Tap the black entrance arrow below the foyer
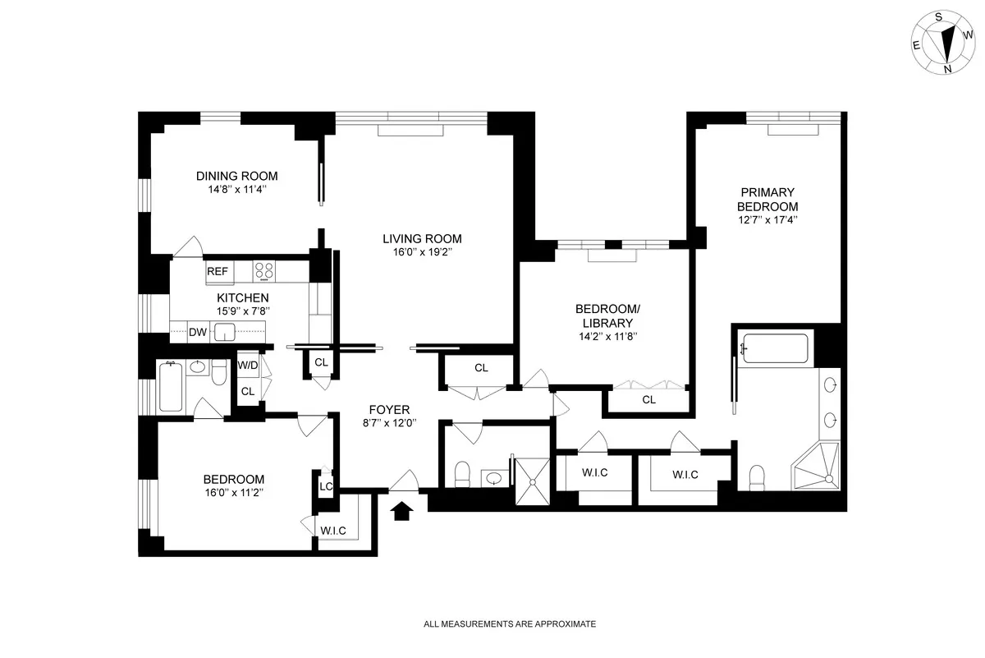(x=401, y=511)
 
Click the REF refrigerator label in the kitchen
(x=217, y=271)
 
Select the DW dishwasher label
(x=197, y=333)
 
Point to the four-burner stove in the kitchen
(x=263, y=271)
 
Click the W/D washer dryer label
(x=247, y=365)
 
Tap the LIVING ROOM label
(x=422, y=239)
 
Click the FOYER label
(x=390, y=410)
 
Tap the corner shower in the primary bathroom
(x=817, y=467)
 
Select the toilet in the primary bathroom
(x=758, y=477)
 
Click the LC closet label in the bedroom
(x=326, y=486)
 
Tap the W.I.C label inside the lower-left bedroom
(x=333, y=531)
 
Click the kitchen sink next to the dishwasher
(x=224, y=333)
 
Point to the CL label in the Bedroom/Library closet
(x=648, y=400)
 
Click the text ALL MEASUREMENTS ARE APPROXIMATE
(x=509, y=624)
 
